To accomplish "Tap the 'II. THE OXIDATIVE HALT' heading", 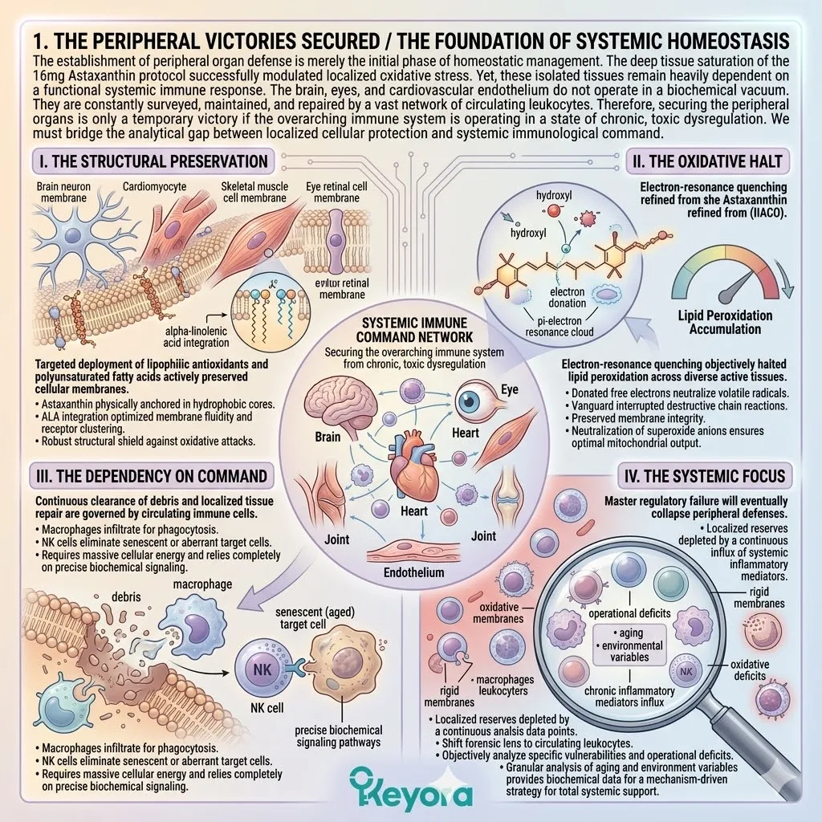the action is (707, 161).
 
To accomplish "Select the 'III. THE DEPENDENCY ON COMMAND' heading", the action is (152, 476).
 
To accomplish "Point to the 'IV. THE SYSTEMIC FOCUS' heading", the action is (705, 476).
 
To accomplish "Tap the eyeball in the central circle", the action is (474, 401).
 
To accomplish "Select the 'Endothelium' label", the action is (413, 572).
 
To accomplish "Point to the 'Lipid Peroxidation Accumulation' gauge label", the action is (725, 322).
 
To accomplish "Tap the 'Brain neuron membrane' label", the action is (63, 192).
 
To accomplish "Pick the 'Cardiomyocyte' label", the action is (154, 186).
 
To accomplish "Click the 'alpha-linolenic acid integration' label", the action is (196, 336).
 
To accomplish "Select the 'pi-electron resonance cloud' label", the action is (560, 326).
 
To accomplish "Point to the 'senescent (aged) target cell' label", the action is (315, 618).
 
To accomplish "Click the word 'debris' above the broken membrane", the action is (126, 597).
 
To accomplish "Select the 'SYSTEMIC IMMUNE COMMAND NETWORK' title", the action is (414, 330).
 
